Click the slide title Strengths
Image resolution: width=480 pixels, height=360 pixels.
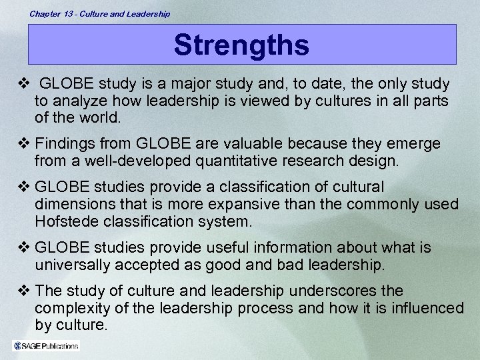(241, 45)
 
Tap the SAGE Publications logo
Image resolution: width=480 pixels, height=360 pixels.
(46, 345)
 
